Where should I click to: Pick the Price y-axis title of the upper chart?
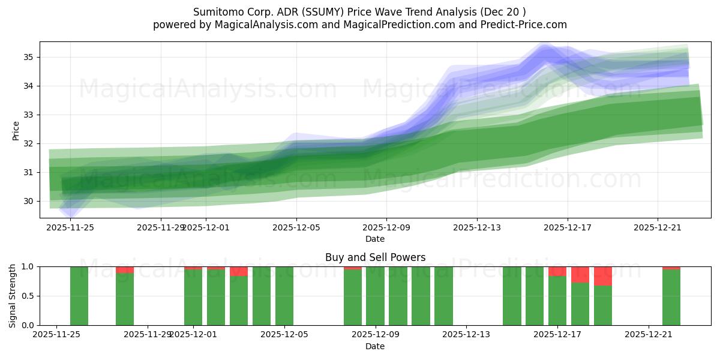(16, 130)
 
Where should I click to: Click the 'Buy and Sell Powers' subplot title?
(375, 257)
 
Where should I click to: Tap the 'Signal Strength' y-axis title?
(13, 295)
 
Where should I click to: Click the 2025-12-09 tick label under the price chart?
(386, 228)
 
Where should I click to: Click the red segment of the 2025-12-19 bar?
(603, 276)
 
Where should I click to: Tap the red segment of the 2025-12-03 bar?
(239, 271)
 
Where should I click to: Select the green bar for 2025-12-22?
(671, 298)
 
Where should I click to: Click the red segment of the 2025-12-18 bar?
(580, 274)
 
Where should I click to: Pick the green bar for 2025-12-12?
(443, 296)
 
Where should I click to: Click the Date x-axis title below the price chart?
(375, 239)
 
